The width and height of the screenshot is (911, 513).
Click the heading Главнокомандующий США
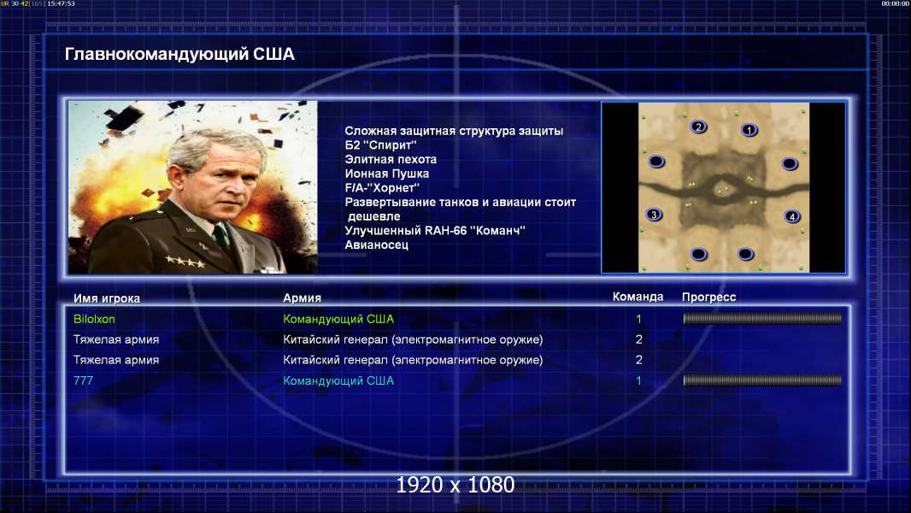click(179, 54)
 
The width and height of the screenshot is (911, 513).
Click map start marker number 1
click(749, 130)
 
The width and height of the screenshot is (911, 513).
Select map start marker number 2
click(698, 127)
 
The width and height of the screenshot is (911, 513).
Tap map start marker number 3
click(655, 215)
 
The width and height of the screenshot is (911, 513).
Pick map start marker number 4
click(791, 216)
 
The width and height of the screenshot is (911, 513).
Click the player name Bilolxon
click(94, 319)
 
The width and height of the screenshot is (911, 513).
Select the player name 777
click(83, 380)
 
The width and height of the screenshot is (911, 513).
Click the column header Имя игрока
click(106, 298)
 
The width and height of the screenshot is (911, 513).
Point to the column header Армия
click(303, 298)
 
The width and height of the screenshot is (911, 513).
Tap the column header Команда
click(638, 297)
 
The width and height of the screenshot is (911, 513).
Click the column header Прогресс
click(708, 297)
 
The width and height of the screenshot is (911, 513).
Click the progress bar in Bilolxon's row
click(762, 318)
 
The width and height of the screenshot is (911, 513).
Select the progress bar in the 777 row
click(762, 380)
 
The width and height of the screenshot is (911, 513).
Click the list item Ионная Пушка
click(387, 174)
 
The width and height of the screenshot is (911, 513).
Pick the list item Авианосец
click(377, 245)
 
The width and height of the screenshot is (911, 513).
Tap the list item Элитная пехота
click(391, 159)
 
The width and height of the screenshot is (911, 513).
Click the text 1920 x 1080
click(455, 485)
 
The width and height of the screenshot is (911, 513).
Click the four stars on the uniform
click(185, 262)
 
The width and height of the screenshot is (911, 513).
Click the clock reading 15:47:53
click(61, 3)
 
